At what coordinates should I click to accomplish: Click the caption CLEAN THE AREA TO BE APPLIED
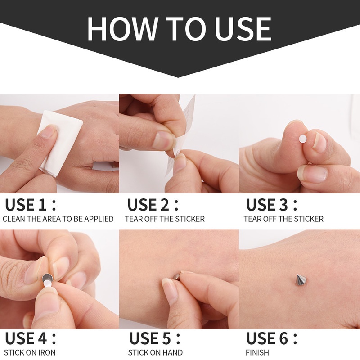pos(58,219)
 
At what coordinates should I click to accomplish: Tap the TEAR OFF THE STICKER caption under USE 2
pos(165,219)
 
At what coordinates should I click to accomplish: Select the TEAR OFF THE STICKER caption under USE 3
pos(283,219)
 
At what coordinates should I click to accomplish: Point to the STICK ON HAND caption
pos(155,352)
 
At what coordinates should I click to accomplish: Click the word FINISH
pos(257,352)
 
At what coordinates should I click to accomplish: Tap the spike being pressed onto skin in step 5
pos(177,275)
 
